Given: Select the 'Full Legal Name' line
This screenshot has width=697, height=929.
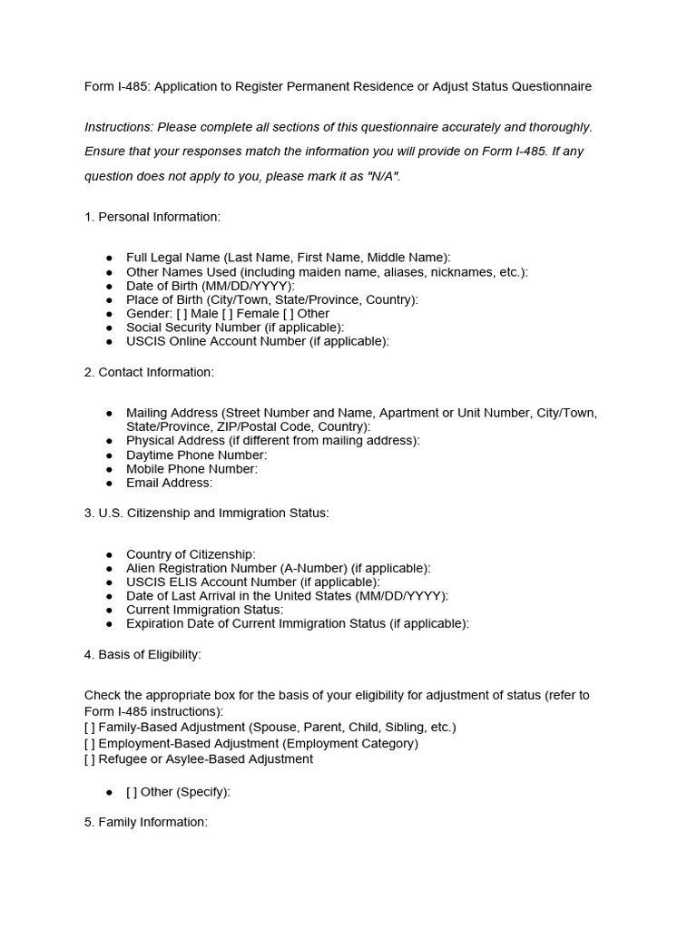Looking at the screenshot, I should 288,258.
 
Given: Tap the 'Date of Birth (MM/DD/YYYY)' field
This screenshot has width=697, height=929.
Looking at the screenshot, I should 211,286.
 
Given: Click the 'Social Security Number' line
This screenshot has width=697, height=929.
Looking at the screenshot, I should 235,327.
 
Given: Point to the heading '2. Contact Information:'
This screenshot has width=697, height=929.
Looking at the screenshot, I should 149,372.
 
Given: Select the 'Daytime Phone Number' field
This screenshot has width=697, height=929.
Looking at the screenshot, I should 197,455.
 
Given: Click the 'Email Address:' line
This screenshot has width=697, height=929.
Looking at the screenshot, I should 169,483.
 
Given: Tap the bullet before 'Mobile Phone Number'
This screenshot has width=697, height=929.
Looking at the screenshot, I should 109,469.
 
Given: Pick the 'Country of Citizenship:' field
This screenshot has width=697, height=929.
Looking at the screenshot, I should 191,554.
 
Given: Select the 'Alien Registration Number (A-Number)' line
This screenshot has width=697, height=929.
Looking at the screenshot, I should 279,568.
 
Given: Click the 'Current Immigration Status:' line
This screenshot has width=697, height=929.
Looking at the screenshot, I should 204,610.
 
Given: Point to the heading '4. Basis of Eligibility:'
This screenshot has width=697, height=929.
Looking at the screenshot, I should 142,654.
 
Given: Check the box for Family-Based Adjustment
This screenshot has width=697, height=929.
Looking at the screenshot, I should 89,728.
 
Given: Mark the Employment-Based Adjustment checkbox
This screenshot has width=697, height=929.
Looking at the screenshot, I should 89,743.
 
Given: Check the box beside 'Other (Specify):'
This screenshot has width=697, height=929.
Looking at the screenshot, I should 132,792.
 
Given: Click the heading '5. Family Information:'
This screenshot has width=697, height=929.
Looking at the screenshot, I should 146,822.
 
